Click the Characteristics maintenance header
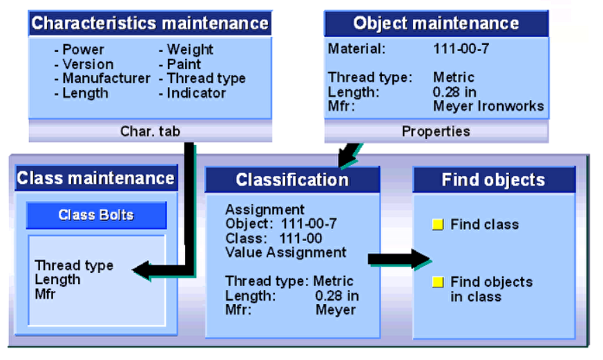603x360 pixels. (150, 23)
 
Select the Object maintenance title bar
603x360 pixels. (436, 23)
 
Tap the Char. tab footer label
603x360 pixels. (150, 131)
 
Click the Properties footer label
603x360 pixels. (436, 131)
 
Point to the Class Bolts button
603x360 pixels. (96, 215)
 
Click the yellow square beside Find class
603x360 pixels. (437, 225)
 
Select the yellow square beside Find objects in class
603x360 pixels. (437, 282)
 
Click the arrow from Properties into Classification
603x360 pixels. (348, 155)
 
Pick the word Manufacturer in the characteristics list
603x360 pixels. (106, 78)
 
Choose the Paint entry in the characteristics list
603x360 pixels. (184, 64)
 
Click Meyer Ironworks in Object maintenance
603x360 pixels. (488, 106)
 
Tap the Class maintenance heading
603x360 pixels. (95, 178)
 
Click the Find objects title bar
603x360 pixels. (493, 180)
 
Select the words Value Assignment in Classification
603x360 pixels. (286, 252)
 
